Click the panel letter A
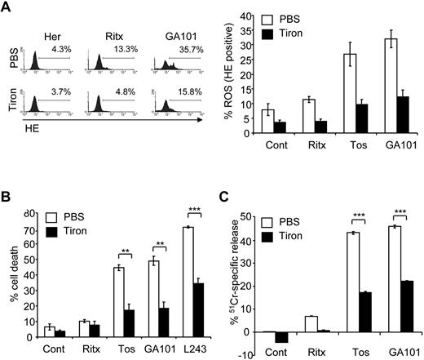click(x=8, y=8)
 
